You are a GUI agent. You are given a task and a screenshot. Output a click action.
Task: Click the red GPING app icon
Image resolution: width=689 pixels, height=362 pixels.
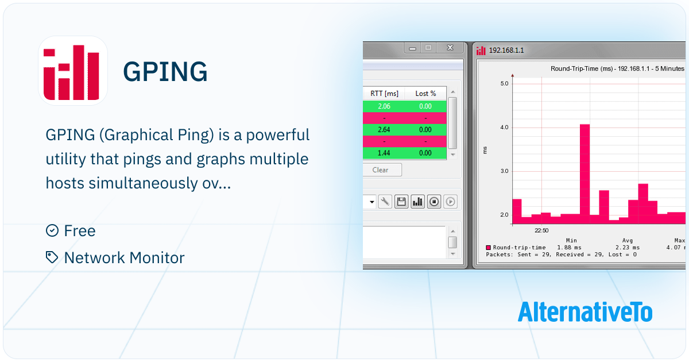(x=73, y=71)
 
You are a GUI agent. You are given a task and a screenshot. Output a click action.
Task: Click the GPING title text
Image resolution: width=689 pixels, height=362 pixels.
(x=165, y=72)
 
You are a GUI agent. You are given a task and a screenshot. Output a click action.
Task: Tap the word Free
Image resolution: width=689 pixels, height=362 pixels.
(x=80, y=230)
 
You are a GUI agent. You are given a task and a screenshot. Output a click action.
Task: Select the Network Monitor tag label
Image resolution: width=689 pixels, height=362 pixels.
(x=124, y=257)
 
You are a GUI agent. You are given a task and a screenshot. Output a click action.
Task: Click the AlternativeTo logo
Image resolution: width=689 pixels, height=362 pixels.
(x=585, y=312)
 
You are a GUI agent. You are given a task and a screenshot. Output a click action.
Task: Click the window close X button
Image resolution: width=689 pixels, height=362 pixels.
(x=450, y=48)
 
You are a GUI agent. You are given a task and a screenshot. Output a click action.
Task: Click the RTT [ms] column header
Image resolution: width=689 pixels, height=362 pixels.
(x=384, y=94)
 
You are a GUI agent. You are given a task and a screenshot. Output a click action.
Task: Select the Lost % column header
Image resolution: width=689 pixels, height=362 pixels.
(x=425, y=94)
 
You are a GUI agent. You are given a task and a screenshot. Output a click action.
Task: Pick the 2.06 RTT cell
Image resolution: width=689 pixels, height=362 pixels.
(x=384, y=106)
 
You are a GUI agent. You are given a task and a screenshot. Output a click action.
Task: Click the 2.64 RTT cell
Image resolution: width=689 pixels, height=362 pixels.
(x=384, y=130)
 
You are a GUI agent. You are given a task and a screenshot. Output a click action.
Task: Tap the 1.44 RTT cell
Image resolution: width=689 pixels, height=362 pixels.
(x=384, y=153)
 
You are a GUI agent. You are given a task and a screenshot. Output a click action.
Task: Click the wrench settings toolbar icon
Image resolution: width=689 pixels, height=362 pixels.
(x=385, y=202)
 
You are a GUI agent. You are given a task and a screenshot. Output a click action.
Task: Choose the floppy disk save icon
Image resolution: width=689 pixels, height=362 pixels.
(x=401, y=202)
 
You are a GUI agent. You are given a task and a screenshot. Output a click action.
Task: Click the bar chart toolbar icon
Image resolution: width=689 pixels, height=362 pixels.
(x=418, y=202)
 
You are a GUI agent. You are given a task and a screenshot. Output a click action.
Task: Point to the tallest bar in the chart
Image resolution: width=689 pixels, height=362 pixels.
(x=585, y=174)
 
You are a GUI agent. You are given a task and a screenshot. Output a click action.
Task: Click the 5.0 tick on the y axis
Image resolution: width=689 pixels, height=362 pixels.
(x=505, y=83)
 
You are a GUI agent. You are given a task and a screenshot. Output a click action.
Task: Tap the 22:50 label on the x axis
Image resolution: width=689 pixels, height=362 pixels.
(x=541, y=230)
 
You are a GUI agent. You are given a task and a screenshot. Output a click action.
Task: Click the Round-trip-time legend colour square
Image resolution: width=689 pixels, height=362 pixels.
(x=488, y=248)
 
